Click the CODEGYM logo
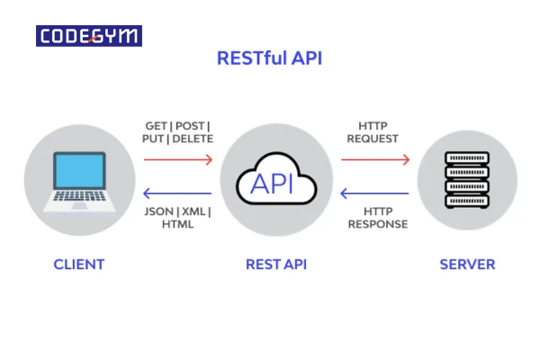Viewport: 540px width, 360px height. (89, 37)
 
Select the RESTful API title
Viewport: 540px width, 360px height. (269, 58)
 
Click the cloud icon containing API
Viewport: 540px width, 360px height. (276, 183)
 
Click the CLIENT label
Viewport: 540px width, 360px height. (78, 265)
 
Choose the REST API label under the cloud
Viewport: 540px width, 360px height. (276, 265)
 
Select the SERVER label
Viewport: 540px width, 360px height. (467, 265)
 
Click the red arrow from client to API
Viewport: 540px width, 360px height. (177, 159)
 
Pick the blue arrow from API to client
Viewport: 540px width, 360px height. (177, 193)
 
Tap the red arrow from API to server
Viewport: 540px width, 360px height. (375, 159)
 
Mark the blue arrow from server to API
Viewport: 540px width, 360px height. (375, 193)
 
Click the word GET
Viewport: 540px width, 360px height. (157, 126)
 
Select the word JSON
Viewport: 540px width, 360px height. (158, 211)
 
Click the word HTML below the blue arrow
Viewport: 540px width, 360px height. (177, 224)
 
